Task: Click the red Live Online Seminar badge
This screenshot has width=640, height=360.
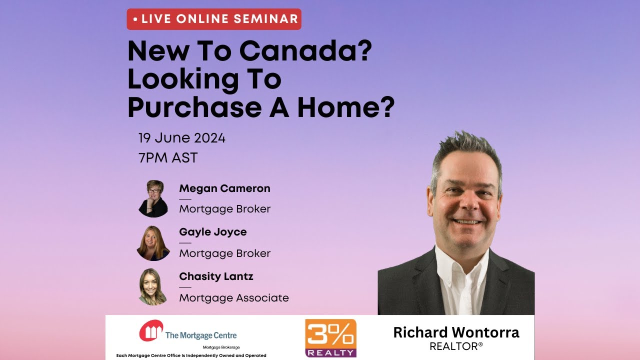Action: (x=214, y=19)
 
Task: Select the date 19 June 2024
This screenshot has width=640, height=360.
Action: (x=182, y=137)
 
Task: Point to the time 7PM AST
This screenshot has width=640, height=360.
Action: (x=168, y=158)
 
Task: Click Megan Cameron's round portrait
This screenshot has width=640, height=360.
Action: (x=153, y=198)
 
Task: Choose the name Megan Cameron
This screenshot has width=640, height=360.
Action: (x=224, y=188)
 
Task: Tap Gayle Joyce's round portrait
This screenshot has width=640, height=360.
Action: (x=153, y=243)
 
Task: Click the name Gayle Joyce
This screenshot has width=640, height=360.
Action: (x=212, y=232)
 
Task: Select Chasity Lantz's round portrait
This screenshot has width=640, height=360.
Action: (x=153, y=287)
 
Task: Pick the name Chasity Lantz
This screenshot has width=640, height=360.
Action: (x=216, y=276)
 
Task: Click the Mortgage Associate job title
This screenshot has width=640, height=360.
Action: (x=234, y=298)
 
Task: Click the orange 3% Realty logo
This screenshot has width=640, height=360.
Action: (x=330, y=337)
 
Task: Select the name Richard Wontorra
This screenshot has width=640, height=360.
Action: (x=456, y=332)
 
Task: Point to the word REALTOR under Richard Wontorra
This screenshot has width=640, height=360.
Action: (x=455, y=346)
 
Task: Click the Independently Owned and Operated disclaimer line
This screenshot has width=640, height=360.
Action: (x=191, y=355)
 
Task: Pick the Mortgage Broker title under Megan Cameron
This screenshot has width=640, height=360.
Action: (x=224, y=209)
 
